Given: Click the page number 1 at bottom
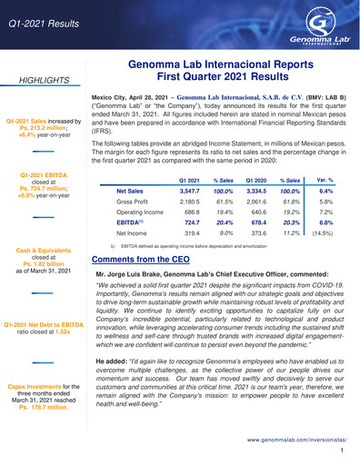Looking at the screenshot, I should (341, 450).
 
